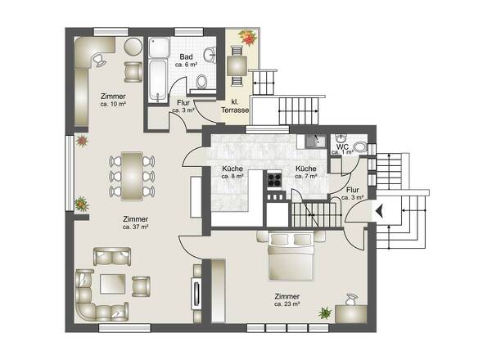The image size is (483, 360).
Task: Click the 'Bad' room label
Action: point(186,56)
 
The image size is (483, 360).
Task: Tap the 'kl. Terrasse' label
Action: point(235,106)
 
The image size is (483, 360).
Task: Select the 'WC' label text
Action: point(342,146)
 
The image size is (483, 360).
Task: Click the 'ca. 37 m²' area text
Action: point(136,227)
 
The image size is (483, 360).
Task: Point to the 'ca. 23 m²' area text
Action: point(287,304)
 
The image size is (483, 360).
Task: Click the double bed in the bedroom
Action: point(291,257)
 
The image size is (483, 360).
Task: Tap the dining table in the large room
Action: point(132,176)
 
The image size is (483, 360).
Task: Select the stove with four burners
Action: point(274,179)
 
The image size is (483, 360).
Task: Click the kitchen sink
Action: point(315,142)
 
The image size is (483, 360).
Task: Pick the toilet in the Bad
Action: point(201,81)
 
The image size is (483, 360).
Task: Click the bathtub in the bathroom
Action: point(158,80)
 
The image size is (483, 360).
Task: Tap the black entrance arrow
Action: point(380,211)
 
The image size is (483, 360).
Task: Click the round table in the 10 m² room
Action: point(133,47)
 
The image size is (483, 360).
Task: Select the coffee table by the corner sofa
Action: point(113,284)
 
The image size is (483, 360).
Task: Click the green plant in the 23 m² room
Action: point(325,313)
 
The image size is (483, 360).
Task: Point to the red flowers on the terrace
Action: point(247,38)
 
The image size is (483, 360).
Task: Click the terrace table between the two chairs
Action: point(237,65)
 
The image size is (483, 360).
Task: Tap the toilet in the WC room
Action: point(360,147)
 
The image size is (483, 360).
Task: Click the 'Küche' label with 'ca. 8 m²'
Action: point(232,173)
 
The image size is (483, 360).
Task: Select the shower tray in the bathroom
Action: point(159,47)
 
